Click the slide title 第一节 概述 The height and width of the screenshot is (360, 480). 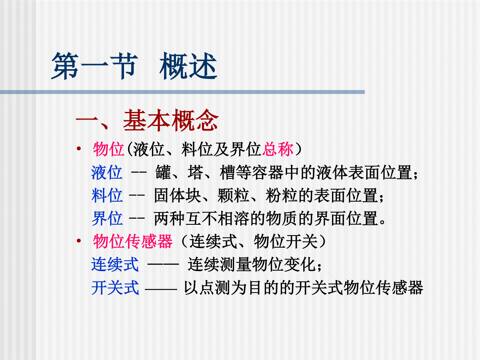[134, 66]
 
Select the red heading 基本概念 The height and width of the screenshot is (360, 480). [171, 120]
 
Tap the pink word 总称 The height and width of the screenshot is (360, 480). [278, 149]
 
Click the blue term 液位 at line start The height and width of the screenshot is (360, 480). [107, 172]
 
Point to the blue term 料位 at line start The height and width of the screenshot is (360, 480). [107, 195]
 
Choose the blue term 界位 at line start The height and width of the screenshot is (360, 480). [107, 218]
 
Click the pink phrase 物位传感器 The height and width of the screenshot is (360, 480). [133, 241]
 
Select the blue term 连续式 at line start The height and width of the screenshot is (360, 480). [115, 264]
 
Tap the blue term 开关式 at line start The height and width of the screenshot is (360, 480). [115, 288]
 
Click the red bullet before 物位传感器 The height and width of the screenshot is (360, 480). [79, 241]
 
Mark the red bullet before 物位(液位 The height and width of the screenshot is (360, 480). [79, 149]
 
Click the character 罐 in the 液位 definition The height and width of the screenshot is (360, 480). [163, 172]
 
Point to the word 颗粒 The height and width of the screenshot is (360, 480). [233, 195]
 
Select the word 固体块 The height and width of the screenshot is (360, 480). [178, 195]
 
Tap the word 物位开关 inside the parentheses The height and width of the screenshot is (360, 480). [286, 241]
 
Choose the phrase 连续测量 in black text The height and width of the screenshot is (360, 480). [219, 264]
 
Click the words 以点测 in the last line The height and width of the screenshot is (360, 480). [207, 288]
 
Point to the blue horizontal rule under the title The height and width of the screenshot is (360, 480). [182, 92]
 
